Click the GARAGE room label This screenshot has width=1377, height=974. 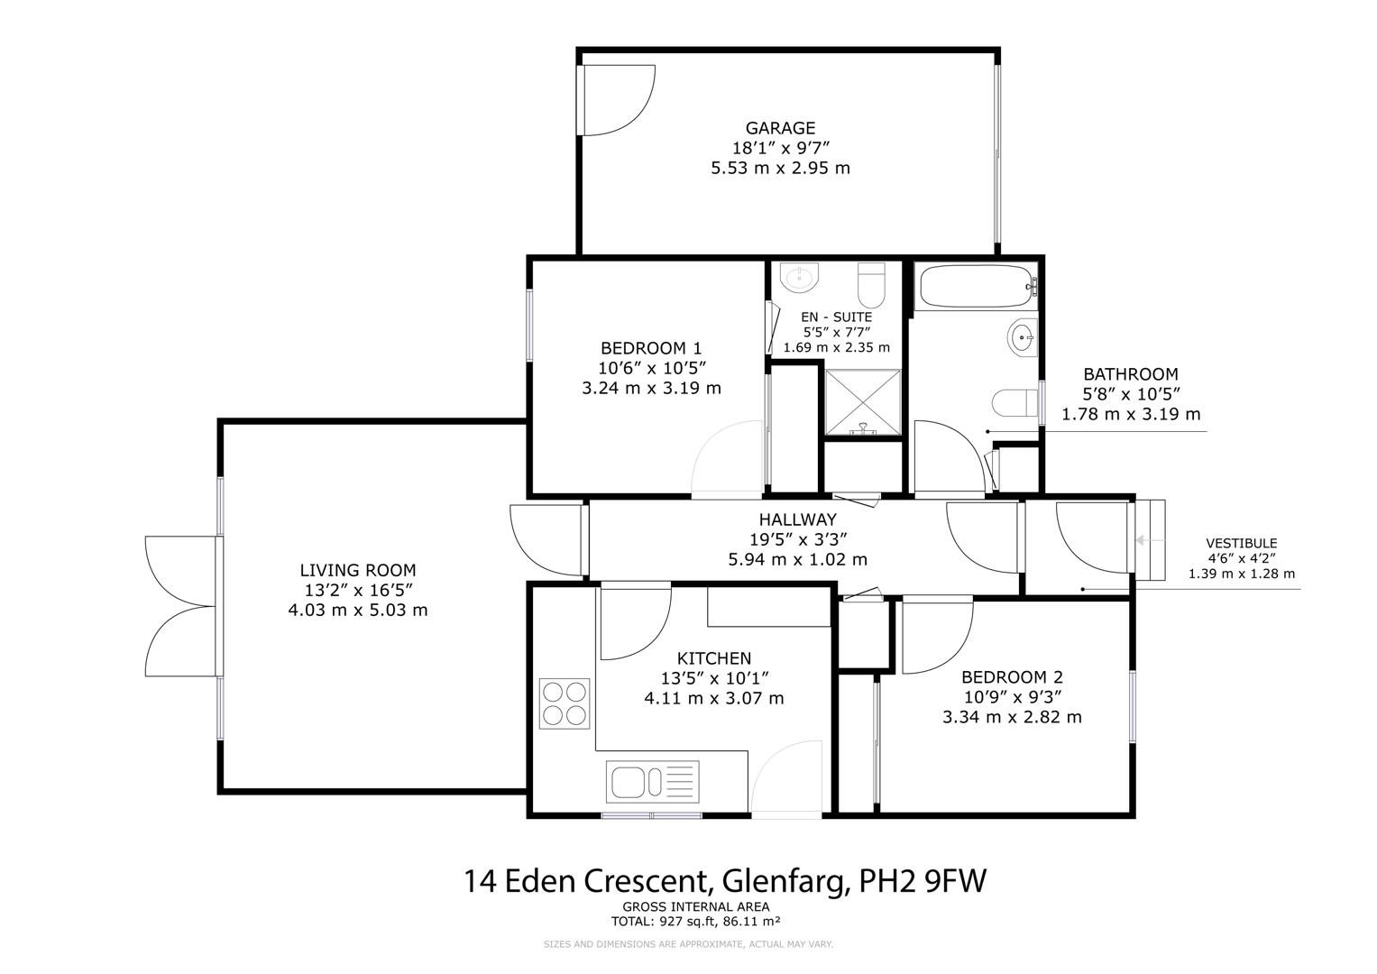(x=780, y=128)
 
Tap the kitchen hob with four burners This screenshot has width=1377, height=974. (x=564, y=703)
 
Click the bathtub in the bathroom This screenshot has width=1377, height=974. (x=975, y=287)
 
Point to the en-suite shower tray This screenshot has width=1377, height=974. (x=862, y=401)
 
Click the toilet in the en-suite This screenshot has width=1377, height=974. (x=872, y=284)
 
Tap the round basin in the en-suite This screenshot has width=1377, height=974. (x=798, y=278)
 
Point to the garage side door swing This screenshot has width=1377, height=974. (x=615, y=99)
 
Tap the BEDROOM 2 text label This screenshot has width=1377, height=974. (x=1012, y=677)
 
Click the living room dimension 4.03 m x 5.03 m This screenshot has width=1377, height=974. (x=357, y=610)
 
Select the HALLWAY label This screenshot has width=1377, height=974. (x=797, y=519)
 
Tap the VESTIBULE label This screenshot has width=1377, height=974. (x=1241, y=543)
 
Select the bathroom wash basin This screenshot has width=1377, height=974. (x=1022, y=339)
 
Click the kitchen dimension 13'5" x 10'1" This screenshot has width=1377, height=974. (x=713, y=678)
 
